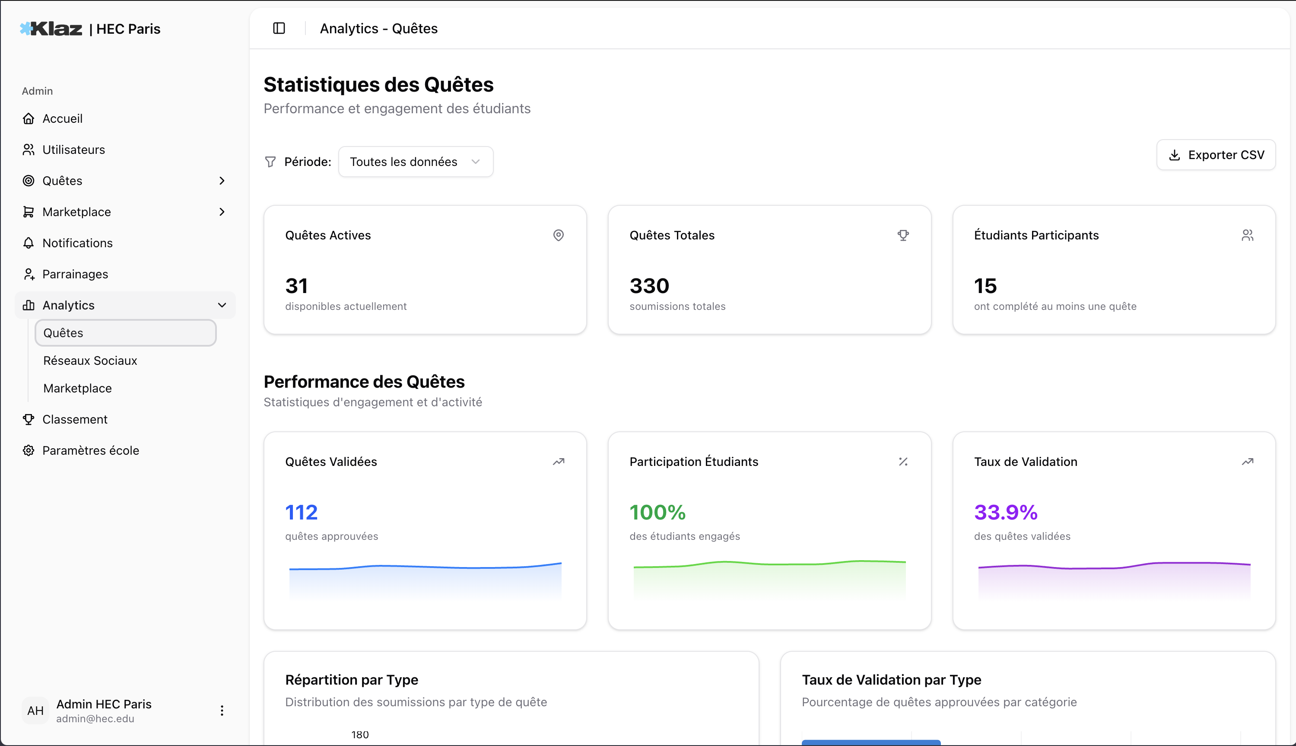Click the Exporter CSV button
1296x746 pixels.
coord(1216,155)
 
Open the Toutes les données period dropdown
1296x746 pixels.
coord(415,162)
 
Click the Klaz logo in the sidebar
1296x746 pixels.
coord(51,29)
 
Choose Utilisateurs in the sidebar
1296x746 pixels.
coord(73,150)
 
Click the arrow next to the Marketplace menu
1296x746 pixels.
coord(222,212)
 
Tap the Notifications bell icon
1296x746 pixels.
coord(29,243)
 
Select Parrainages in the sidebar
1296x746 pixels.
coord(75,274)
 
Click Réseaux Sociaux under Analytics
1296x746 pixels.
coord(90,361)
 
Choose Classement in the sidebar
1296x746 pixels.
coord(75,419)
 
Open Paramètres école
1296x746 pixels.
coord(90,450)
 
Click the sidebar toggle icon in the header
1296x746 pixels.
coord(279,28)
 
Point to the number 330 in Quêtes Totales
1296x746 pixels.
coord(649,286)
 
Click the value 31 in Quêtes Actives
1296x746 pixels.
coord(296,286)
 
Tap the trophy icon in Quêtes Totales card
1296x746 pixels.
coord(903,235)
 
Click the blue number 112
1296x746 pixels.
coord(301,512)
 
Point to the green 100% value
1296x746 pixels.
coord(658,512)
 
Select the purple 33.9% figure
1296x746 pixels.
coord(1006,512)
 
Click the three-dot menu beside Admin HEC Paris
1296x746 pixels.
coord(222,710)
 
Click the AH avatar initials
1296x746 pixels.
coord(35,711)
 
